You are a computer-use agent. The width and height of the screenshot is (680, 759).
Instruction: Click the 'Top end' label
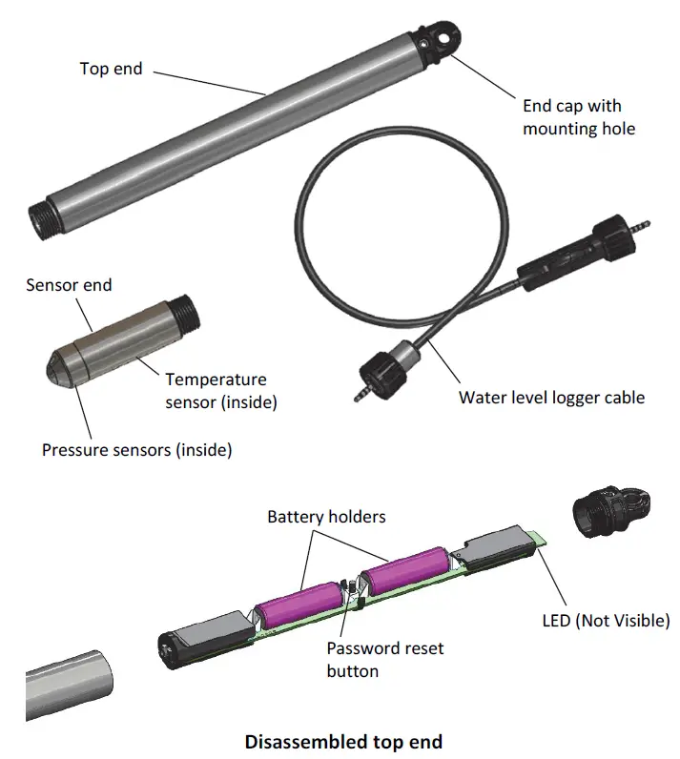[x=111, y=69]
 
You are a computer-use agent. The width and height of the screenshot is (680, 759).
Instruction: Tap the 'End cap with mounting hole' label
[x=578, y=117]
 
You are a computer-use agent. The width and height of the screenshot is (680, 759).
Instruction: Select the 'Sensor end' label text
[x=69, y=285]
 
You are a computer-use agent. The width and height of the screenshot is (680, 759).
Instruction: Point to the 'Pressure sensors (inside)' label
[x=136, y=449]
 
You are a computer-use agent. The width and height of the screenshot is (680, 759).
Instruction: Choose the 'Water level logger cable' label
[x=551, y=397]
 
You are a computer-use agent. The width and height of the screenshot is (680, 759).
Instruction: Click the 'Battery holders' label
[x=326, y=517]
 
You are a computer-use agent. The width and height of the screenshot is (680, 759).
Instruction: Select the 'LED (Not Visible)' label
[x=606, y=621]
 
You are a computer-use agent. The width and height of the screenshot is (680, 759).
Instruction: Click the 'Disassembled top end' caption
[x=343, y=740]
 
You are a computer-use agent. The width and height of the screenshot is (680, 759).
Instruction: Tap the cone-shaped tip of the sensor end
[x=59, y=365]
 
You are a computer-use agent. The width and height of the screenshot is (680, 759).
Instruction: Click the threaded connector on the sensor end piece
[x=186, y=314]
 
